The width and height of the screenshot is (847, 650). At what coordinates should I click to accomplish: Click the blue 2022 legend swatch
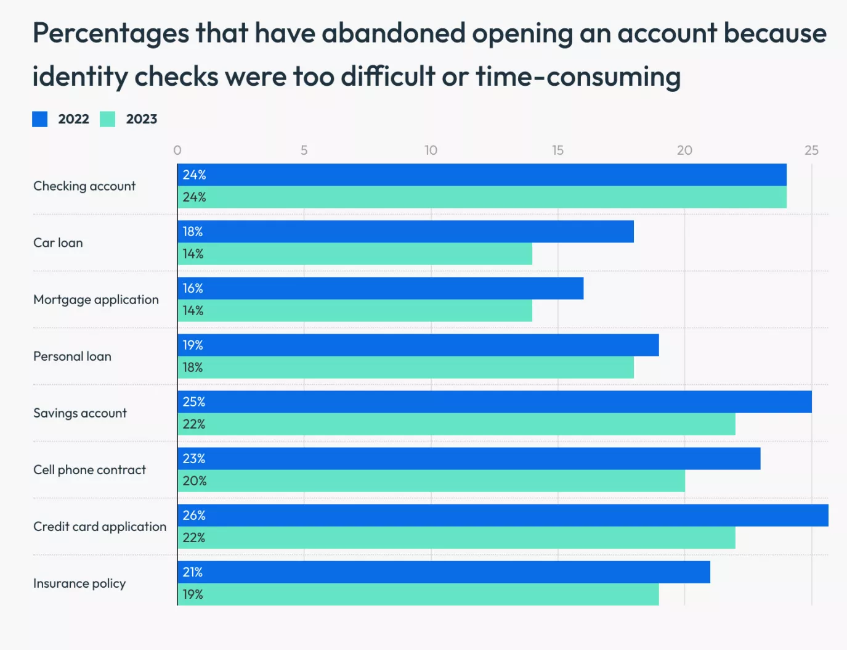point(40,119)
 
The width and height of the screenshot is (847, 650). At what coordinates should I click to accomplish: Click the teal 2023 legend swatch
point(108,119)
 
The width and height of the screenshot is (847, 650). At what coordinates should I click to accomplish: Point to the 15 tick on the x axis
point(557,150)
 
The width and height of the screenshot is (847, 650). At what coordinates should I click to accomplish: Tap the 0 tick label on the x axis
point(177,150)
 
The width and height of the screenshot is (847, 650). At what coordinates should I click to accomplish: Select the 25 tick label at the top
point(811,150)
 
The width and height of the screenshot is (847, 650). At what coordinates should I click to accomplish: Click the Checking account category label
point(84,186)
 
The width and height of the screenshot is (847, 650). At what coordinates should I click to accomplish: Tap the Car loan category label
point(58,243)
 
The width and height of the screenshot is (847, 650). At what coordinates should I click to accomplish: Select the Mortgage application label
point(96,300)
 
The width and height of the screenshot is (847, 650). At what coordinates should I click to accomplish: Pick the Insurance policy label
point(79,583)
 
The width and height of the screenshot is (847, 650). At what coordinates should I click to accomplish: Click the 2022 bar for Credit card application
point(503,516)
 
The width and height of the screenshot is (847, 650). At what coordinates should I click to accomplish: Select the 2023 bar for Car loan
point(355,254)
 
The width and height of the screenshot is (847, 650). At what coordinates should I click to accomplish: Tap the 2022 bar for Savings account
point(495,402)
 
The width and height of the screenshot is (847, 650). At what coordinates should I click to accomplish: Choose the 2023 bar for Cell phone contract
point(431,481)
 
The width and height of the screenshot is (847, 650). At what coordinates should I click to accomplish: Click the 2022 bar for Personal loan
point(418,345)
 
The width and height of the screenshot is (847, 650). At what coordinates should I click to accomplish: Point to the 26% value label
point(194,516)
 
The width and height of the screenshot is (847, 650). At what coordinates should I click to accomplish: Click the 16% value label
point(193,289)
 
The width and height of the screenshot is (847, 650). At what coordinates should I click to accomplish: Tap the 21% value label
point(193,572)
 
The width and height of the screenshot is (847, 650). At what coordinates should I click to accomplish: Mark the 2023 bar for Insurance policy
point(418,594)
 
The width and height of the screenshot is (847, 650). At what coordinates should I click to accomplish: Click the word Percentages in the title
point(111,34)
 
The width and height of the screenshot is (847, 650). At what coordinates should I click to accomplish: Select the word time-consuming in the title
point(578,77)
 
